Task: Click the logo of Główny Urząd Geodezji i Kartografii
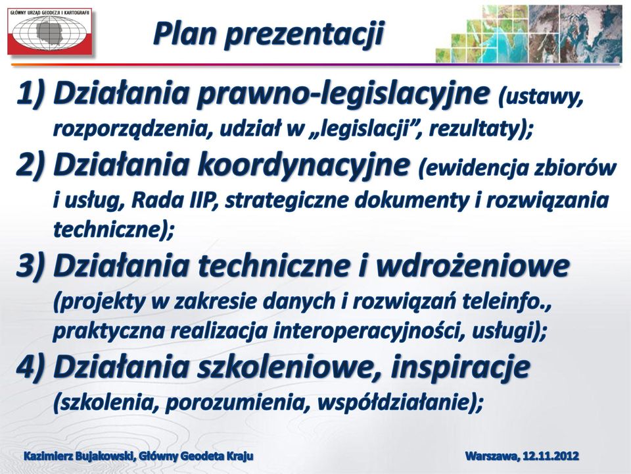(x=50, y=32)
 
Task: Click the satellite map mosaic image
(x=528, y=34)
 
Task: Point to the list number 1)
(x=30, y=94)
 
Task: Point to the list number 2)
(x=30, y=165)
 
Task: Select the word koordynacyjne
(x=303, y=166)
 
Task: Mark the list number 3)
(x=30, y=267)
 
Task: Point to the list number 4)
(x=30, y=367)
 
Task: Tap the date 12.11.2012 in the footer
(x=551, y=456)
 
